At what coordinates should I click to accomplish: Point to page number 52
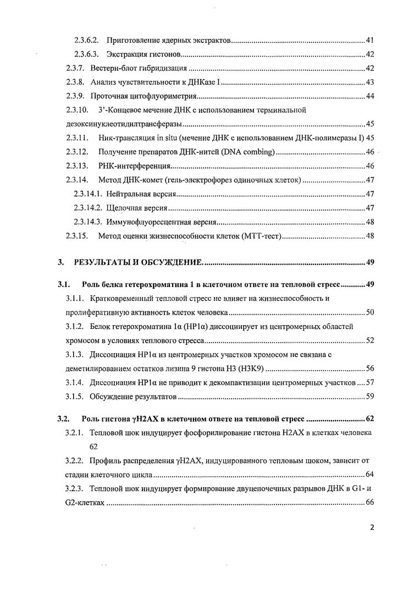pyautogui.click(x=370, y=340)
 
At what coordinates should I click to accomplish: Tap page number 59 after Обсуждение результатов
pyautogui.click(x=370, y=396)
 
